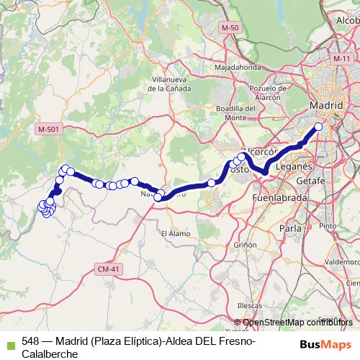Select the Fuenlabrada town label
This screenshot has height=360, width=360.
[x=280, y=197]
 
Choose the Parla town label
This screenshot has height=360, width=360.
[x=289, y=228]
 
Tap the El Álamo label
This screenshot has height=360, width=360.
[x=174, y=233]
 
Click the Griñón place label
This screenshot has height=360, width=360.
[x=245, y=245]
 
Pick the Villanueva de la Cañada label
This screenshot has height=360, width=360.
[x=170, y=84]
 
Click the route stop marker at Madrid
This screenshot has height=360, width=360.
[x=318, y=127]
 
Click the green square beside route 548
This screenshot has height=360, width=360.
[x=11, y=344]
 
